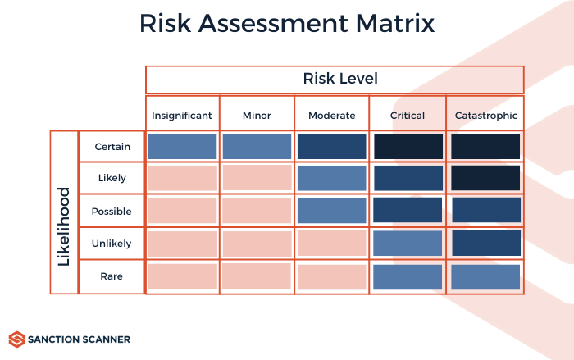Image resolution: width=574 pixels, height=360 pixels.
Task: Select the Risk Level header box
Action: coord(335,80)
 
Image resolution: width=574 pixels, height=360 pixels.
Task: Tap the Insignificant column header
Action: coord(182,116)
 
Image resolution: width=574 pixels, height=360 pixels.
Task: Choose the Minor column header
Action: coord(257,116)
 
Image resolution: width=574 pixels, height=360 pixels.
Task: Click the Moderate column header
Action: coord(331,116)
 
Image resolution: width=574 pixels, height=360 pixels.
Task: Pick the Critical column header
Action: coord(408,116)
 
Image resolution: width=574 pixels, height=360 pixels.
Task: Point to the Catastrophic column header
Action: coord(486,116)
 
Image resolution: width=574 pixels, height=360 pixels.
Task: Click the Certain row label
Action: coord(112,147)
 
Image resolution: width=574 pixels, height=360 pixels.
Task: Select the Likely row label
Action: coord(112,179)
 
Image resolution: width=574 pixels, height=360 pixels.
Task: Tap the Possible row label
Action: coord(112,212)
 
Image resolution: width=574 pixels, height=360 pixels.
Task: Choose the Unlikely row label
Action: coord(112,244)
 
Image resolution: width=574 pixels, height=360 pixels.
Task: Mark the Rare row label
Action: coord(112,276)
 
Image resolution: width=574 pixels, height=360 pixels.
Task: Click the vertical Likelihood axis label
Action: coord(64,212)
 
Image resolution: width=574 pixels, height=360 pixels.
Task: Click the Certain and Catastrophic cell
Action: coord(485,147)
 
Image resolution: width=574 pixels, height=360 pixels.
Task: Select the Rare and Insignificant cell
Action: coord(182,276)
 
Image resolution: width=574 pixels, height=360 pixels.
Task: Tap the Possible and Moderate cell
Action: coord(331,212)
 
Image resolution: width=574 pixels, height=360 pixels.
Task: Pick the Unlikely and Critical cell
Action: coord(408,244)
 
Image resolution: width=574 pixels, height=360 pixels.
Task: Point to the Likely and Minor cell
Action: coord(257,179)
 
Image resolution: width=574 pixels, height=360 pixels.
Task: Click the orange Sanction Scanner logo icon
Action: coord(16,339)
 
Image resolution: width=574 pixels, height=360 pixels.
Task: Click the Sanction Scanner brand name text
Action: coord(78,339)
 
